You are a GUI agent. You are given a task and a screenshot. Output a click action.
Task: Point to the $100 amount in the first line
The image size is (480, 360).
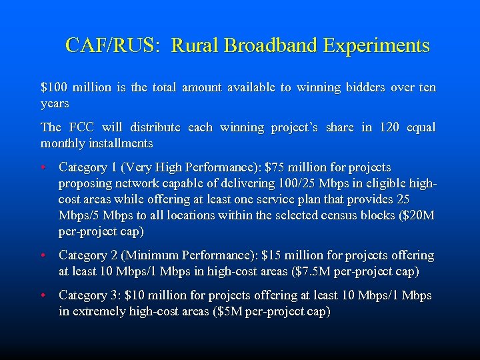[53, 87]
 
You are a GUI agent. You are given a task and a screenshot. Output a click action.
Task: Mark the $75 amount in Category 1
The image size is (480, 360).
[275, 167]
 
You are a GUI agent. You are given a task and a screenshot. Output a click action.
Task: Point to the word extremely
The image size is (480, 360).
[99, 311]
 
